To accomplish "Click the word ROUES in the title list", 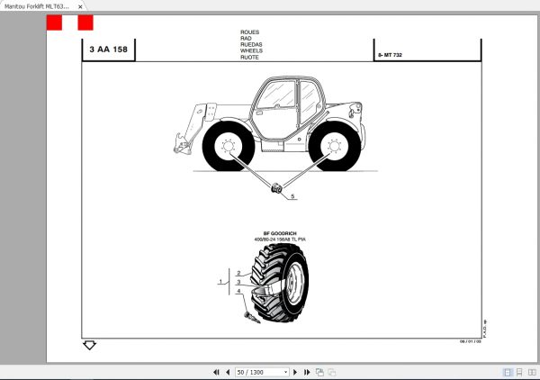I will pos(249,32).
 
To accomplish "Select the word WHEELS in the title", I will pos(251,50).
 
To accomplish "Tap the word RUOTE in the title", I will pos(250,57).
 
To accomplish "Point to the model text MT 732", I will pos(393,56).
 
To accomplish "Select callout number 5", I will pos(292,195).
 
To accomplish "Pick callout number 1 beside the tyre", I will pos(221,283).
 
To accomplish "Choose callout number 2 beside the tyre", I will pos(238,273).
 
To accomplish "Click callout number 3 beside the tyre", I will pos(238,282).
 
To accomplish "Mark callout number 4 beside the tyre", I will pos(238,291).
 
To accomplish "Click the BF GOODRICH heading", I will pos(279,232).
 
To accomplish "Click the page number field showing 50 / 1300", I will pos(262,371).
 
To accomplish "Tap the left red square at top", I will pos(54,23).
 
